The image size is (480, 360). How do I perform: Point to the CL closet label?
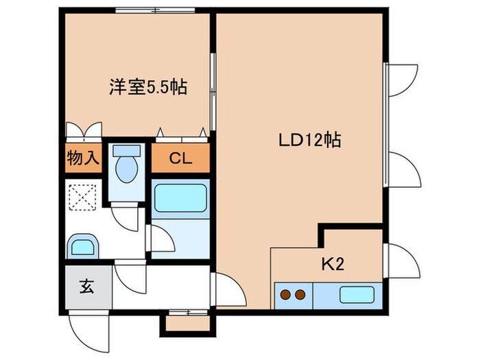click(180, 159)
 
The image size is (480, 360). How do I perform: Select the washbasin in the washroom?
click(83, 245)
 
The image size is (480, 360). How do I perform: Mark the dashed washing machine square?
click(83, 200)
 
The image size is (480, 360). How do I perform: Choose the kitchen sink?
click(357, 296)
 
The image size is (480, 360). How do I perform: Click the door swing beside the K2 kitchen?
click(403, 261)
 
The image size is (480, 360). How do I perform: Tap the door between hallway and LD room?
click(229, 290)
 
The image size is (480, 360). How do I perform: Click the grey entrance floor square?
click(88, 287)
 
